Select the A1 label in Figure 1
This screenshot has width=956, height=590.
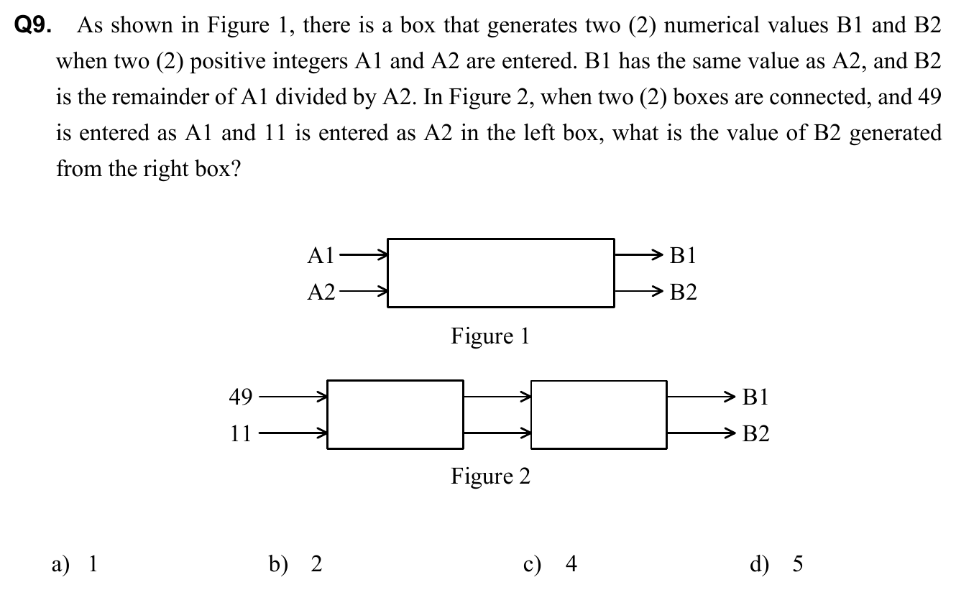pyautogui.click(x=321, y=255)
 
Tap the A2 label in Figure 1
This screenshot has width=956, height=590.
pyautogui.click(x=321, y=292)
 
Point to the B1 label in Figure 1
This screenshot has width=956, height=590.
pyautogui.click(x=682, y=255)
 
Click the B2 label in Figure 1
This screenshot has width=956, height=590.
pyautogui.click(x=682, y=292)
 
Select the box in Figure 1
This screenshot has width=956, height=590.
pyautogui.click(x=501, y=273)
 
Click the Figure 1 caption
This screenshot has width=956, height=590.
pyautogui.click(x=490, y=336)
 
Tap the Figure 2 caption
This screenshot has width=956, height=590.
pyautogui.click(x=490, y=476)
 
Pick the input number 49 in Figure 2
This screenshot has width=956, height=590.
pyautogui.click(x=240, y=396)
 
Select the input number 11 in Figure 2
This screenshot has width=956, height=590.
pyautogui.click(x=240, y=433)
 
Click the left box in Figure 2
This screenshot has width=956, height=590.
pyautogui.click(x=395, y=415)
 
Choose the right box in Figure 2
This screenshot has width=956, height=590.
pyautogui.click(x=599, y=415)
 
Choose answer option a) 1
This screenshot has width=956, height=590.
pyautogui.click(x=75, y=565)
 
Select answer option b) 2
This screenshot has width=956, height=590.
pyautogui.click(x=295, y=565)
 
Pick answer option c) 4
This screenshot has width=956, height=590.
pyautogui.click(x=551, y=565)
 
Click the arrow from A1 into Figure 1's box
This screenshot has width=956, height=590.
pyautogui.click(x=363, y=254)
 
